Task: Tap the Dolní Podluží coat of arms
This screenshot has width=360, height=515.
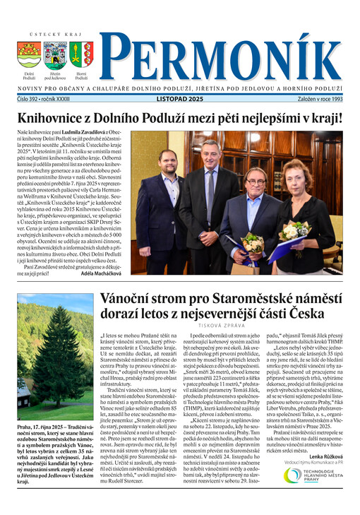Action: (29, 54)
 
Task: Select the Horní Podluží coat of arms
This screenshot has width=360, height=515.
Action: (81, 54)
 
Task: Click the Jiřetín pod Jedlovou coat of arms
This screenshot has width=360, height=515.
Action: (55, 54)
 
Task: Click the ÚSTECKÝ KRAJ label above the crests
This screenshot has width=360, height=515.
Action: (54, 34)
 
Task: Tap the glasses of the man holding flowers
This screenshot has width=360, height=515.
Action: (256, 182)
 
